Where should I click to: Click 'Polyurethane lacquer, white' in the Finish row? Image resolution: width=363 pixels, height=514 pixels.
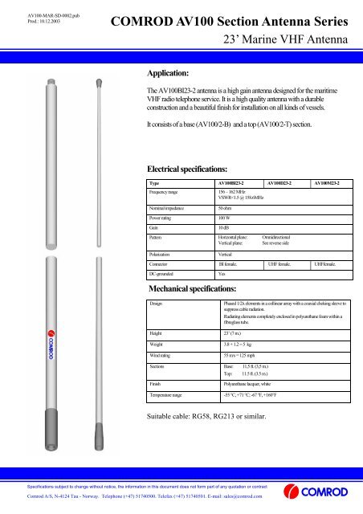255,384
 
